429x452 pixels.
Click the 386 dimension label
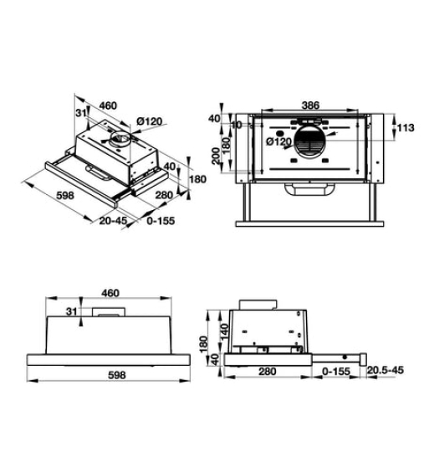pyautogui.click(x=310, y=106)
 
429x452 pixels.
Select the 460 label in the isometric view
pyautogui.click(x=108, y=106)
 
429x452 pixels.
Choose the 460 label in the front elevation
pyautogui.click(x=111, y=293)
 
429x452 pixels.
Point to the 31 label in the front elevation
pyautogui.click(x=73, y=312)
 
